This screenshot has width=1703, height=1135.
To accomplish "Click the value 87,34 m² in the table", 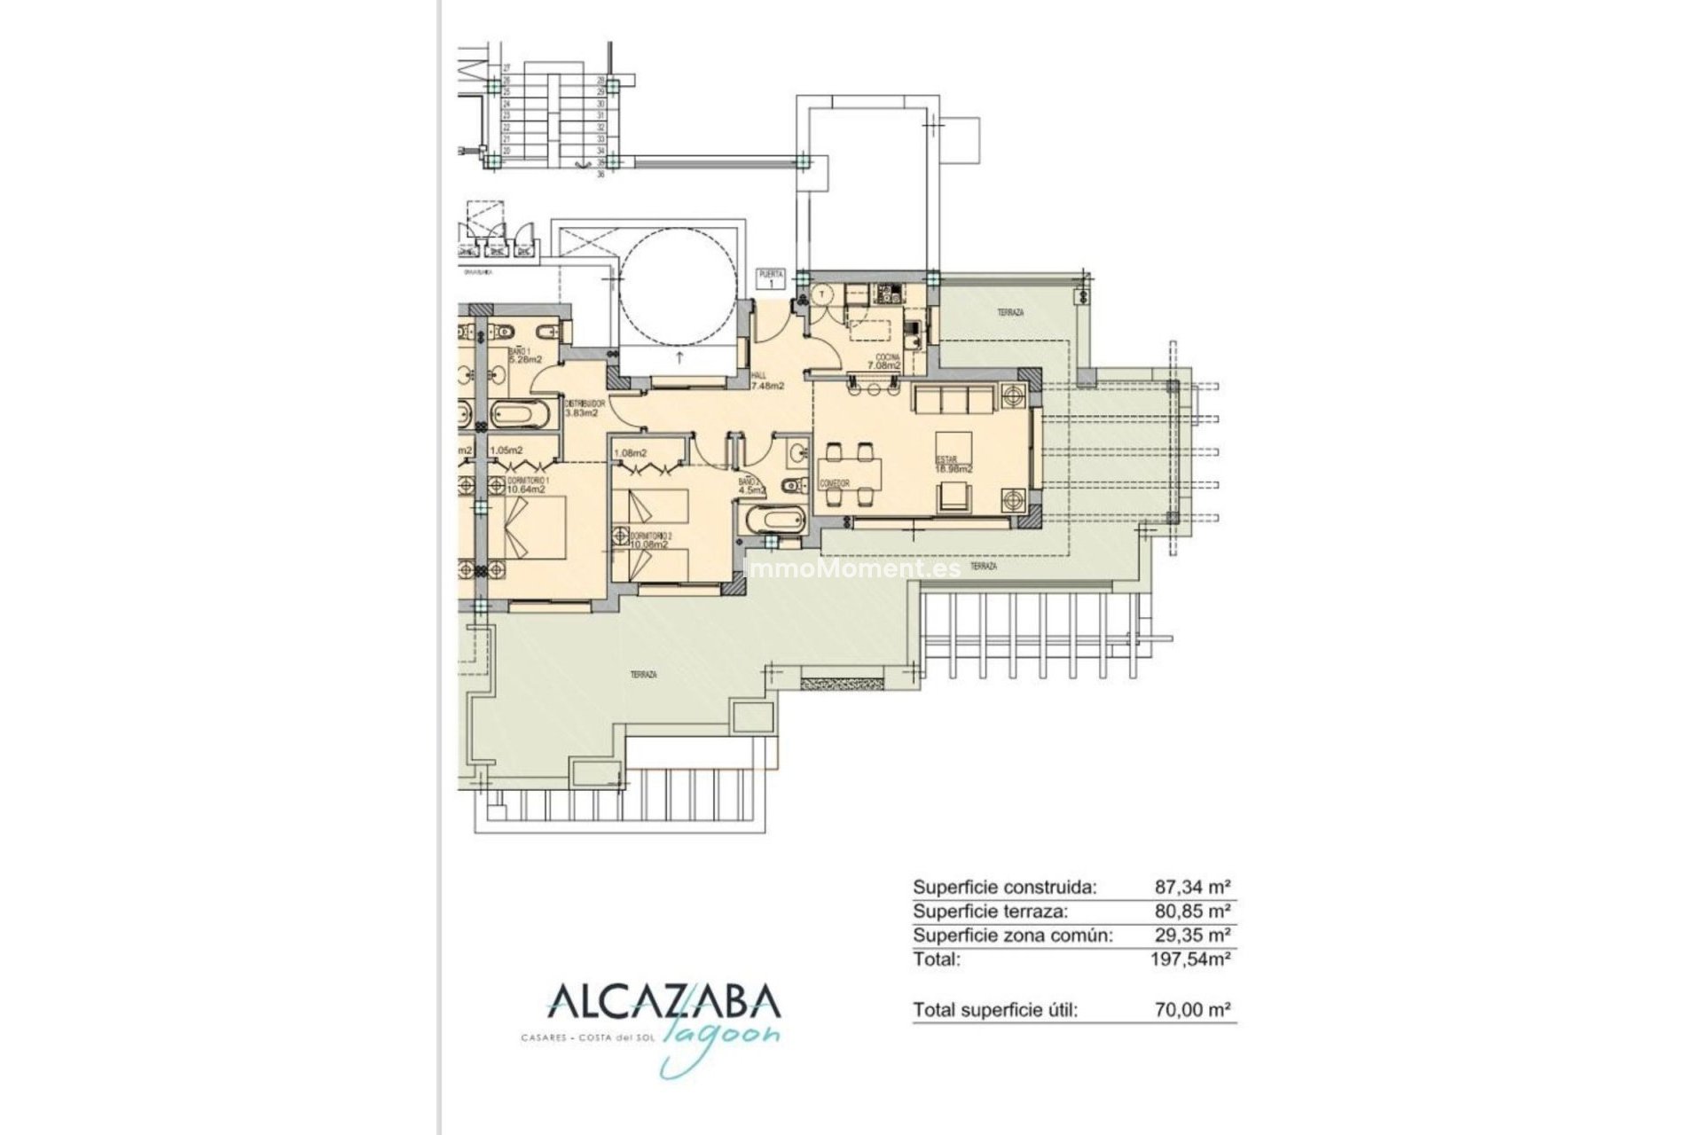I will [1192, 886].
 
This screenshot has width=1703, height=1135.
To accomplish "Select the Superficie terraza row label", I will [991, 911].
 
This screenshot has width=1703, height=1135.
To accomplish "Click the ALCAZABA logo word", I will [664, 1001].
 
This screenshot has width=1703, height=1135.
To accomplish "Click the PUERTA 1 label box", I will [771, 279].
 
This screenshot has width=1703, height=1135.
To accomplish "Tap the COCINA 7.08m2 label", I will [883, 361].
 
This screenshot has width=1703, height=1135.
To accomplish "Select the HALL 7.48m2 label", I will [767, 381].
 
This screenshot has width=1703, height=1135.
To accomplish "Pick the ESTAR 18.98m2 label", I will [954, 464].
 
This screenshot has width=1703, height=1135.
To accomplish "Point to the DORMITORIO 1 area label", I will [525, 482].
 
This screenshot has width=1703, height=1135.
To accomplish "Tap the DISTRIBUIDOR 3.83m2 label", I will [585, 408].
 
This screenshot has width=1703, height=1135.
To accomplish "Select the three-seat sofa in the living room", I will [954, 401].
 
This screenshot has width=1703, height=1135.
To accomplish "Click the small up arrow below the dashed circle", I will [679, 358].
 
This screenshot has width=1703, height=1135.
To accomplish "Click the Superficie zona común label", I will [1012, 935].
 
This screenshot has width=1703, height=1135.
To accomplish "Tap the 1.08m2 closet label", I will [631, 454].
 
